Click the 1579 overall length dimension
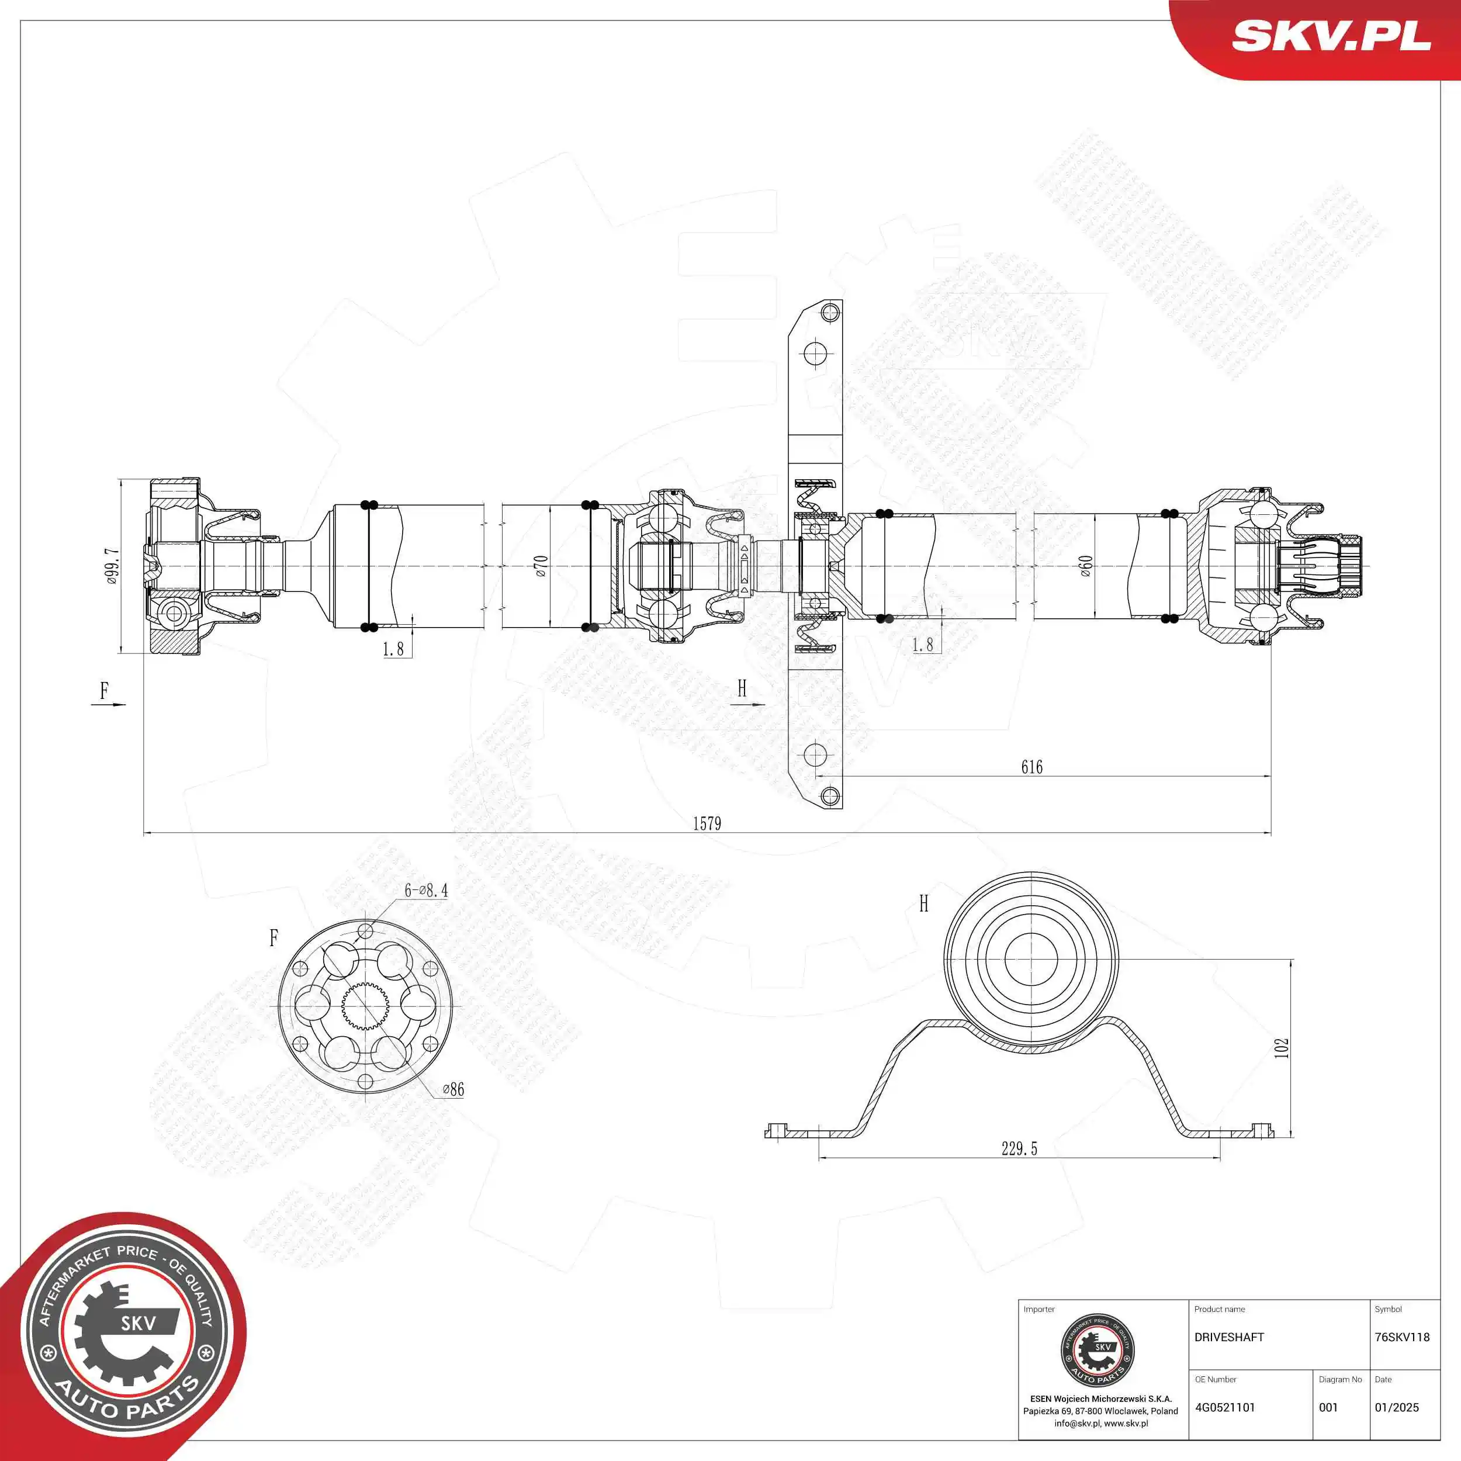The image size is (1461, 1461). (707, 823)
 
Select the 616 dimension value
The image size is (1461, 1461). (1031, 767)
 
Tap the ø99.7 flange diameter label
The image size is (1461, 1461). (112, 566)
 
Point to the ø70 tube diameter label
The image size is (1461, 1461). (540, 566)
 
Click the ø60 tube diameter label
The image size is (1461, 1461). (1085, 566)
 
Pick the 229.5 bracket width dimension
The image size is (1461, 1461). (1019, 1149)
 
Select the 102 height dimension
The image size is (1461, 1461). (1281, 1047)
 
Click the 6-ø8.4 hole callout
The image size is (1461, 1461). (426, 891)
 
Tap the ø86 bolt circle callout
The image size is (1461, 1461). (452, 1090)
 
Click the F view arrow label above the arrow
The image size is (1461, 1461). (105, 690)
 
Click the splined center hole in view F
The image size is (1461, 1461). (365, 1006)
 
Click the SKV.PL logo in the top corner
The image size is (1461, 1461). (1331, 36)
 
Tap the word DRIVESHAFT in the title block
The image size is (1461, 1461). (1229, 1337)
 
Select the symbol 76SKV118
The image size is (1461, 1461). (1402, 1337)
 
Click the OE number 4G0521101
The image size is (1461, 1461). (1224, 1407)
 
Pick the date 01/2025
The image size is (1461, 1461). (1397, 1407)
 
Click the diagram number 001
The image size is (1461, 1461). (1328, 1407)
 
